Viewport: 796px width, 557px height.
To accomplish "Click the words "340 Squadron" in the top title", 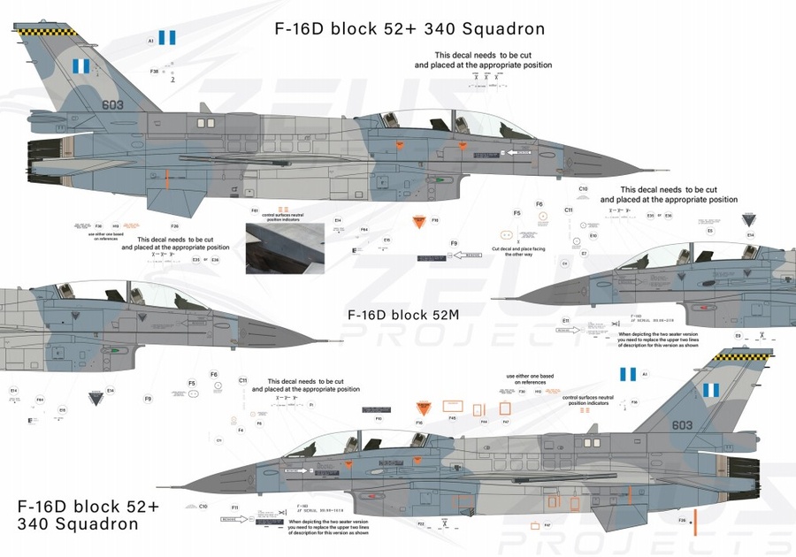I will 486,28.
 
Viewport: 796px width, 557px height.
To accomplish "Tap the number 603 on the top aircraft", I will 112,104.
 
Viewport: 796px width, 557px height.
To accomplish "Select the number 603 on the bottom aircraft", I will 682,425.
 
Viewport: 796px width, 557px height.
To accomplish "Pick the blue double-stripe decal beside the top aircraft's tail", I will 167,38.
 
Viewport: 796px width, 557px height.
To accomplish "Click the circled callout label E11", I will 565,319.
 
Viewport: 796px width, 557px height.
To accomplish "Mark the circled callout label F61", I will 255,210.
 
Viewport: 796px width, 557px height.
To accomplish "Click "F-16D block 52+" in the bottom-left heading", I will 88,507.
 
